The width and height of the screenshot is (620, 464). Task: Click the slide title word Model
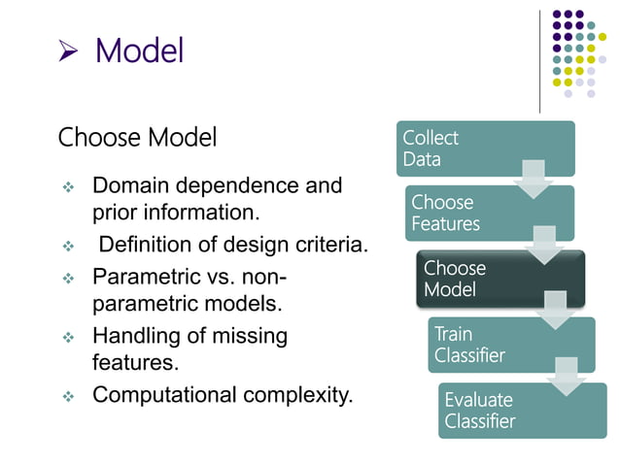[x=139, y=51]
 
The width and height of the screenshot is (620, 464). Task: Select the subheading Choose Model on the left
[x=137, y=138]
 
